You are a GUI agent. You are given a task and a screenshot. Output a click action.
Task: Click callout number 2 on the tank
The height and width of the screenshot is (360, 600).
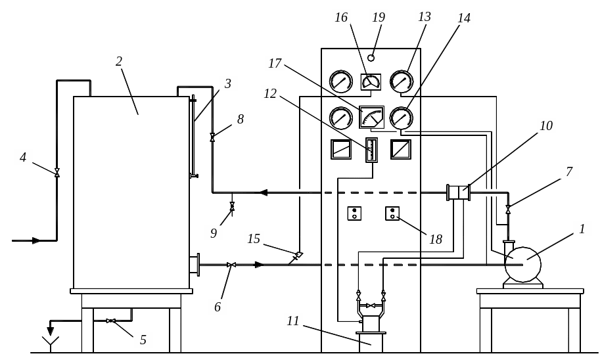click(119, 62)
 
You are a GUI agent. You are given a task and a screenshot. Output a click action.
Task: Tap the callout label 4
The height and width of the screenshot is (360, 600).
click(23, 157)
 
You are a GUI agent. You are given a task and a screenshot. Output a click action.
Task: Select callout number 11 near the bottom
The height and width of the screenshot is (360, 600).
click(293, 321)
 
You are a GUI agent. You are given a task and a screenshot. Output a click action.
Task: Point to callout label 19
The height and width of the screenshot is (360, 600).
click(378, 17)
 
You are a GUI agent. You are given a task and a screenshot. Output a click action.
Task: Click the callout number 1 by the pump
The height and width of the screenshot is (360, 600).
click(582, 229)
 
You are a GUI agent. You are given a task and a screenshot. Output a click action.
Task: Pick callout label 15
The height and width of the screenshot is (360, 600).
click(254, 238)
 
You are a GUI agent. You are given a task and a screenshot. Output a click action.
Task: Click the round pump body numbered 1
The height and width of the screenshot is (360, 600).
click(522, 265)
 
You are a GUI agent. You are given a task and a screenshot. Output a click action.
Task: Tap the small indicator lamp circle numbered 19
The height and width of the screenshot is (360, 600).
click(371, 58)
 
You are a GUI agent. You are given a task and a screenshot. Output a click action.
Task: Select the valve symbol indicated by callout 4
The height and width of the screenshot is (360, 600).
click(57, 173)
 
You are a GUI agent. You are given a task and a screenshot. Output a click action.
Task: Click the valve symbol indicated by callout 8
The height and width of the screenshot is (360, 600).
click(212, 137)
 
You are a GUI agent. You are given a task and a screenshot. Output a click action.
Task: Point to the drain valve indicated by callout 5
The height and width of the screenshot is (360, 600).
click(110, 321)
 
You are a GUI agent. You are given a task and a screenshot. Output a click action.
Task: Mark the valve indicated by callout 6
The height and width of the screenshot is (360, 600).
click(231, 265)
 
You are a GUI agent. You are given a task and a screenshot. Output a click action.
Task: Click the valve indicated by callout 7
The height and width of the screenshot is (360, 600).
click(508, 209)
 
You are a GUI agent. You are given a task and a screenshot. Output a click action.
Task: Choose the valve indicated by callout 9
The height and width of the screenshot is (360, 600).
click(232, 208)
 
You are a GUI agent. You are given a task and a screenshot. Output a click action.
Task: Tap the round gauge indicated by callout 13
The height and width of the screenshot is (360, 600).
click(402, 81)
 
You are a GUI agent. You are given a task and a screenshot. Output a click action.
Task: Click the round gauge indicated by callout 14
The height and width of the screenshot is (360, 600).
click(402, 118)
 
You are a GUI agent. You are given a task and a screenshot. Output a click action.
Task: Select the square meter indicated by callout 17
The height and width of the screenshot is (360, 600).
click(372, 117)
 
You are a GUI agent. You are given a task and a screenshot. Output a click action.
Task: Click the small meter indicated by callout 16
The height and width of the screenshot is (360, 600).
click(371, 81)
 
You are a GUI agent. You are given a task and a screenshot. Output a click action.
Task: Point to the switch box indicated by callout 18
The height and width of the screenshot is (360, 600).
click(392, 213)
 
